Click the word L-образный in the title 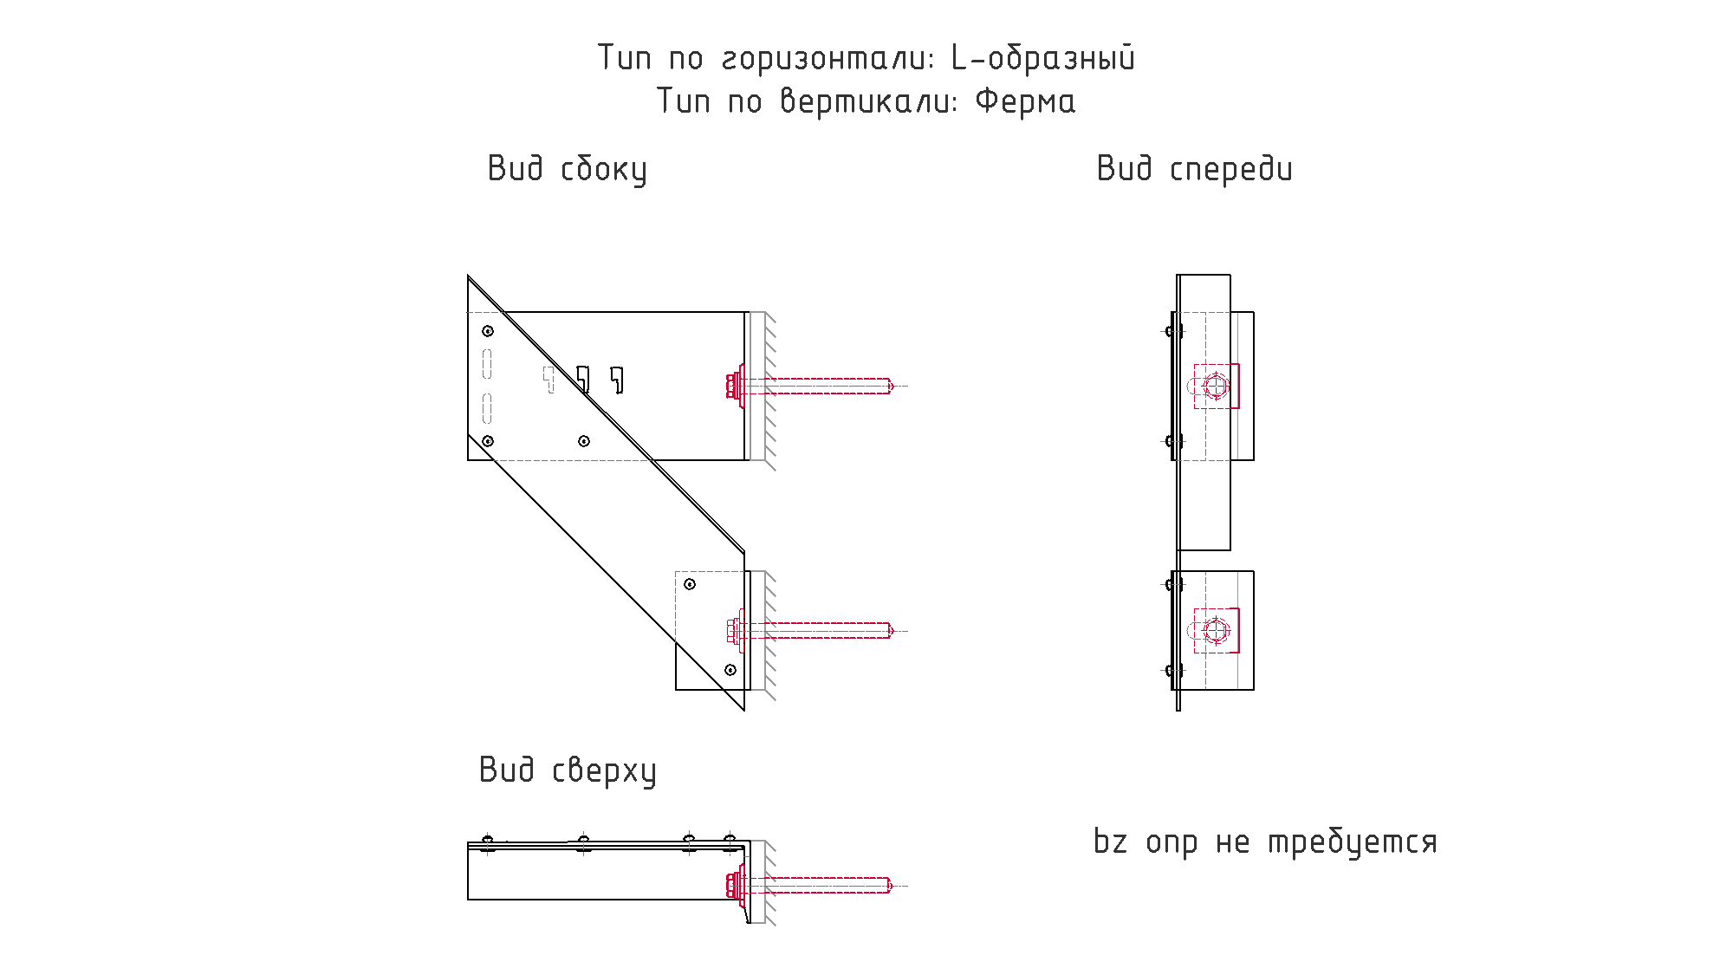[1043, 58]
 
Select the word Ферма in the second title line [1025, 101]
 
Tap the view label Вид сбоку [568, 169]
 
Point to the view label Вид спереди [1195, 169]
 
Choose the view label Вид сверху [568, 770]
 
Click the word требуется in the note [1353, 842]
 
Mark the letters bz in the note [1110, 841]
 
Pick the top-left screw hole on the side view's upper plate [488, 331]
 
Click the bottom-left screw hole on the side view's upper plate [488, 441]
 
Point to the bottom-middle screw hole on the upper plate [584, 441]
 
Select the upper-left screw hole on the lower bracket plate [690, 584]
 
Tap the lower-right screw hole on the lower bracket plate [730, 670]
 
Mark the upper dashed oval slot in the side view [487, 364]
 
